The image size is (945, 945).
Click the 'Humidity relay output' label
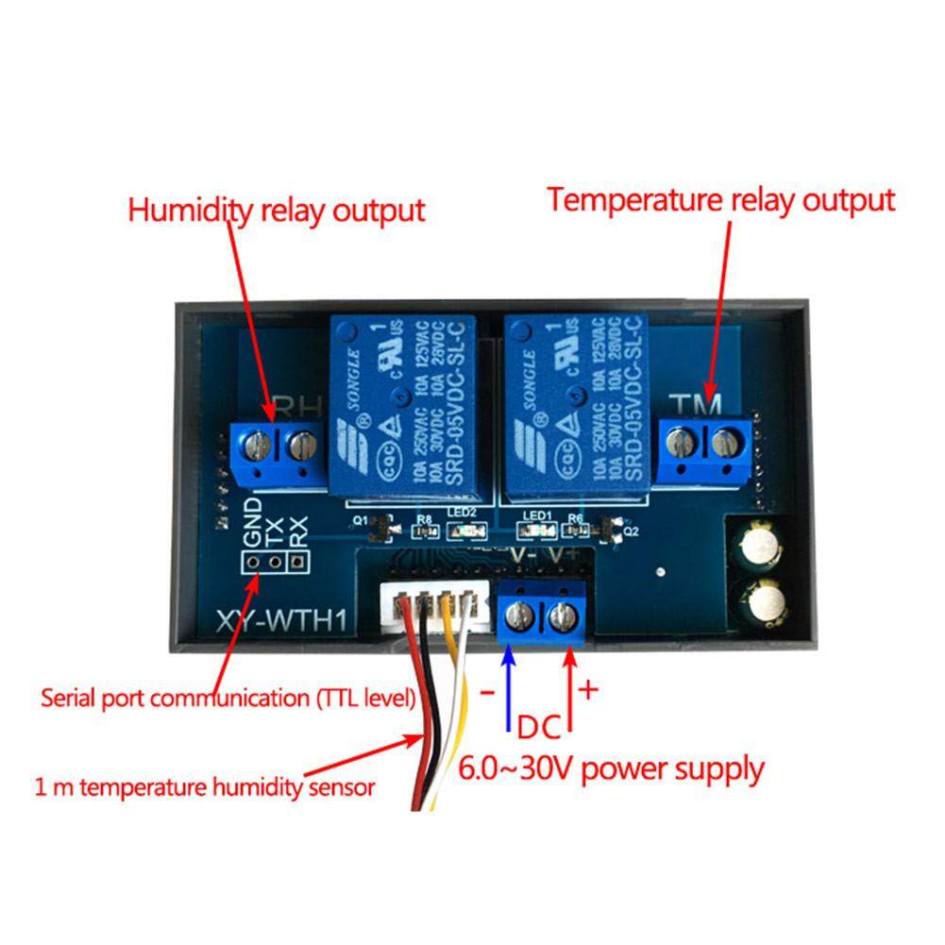click(277, 210)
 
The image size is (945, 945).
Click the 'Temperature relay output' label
click(721, 200)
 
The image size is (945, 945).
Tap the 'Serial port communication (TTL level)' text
click(228, 700)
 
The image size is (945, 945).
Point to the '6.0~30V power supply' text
click(612, 768)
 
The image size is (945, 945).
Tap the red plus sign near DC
click(588, 690)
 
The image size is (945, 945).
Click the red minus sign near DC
click(487, 693)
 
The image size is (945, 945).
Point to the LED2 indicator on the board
click(462, 533)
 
